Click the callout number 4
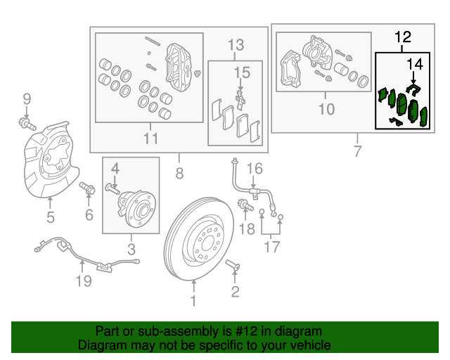pyautogui.click(x=115, y=169)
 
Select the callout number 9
pyautogui.click(x=27, y=98)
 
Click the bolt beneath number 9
pyautogui.click(x=27, y=124)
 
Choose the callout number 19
pyautogui.click(x=84, y=281)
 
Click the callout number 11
pyautogui.click(x=150, y=139)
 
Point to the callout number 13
pyautogui.click(x=236, y=46)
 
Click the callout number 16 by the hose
pyautogui.click(x=254, y=168)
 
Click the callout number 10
pyautogui.click(x=326, y=108)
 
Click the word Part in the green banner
pyautogui.click(x=108, y=331)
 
